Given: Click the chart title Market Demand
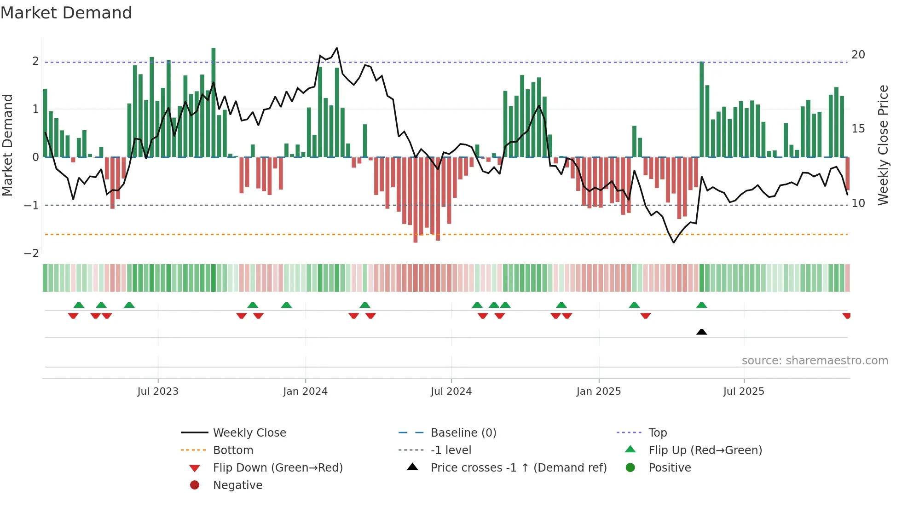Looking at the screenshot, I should tap(66, 12).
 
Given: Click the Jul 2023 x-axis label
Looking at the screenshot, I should tap(157, 392).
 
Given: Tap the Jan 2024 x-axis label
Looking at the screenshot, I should tap(305, 392).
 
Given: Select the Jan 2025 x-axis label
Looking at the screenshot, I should tap(598, 392).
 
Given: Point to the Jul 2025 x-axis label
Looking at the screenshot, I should tap(743, 392).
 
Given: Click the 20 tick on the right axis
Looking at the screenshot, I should tap(858, 55).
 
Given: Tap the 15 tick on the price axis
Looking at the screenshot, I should tap(858, 129).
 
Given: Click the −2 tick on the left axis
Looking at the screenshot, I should tap(31, 253).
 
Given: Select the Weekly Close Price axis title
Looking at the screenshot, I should tap(883, 145).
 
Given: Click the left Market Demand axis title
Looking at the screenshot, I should tap(8, 145).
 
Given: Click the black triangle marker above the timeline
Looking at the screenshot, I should tap(701, 332).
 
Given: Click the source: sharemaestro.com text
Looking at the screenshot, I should tap(815, 361).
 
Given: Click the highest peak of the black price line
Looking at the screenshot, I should tap(337, 48).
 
